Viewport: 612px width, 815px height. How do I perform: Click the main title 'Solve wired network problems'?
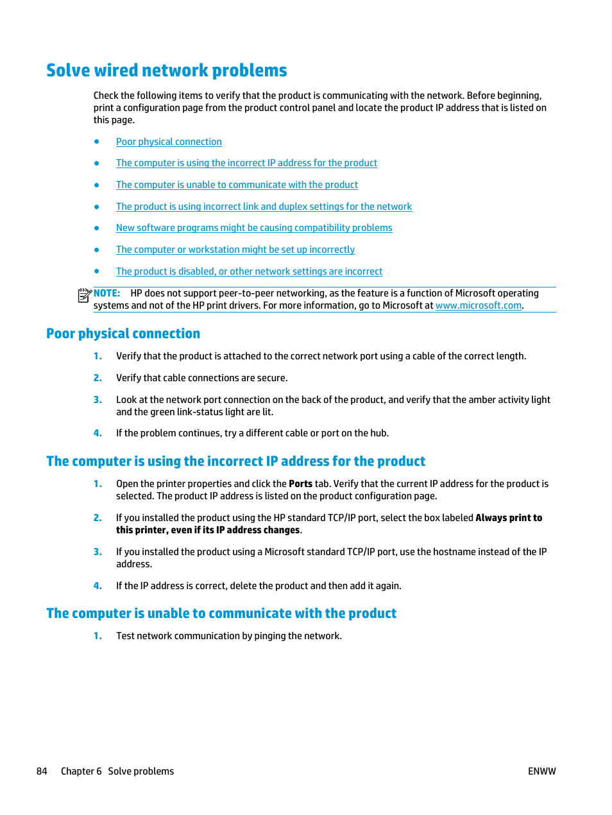point(166,71)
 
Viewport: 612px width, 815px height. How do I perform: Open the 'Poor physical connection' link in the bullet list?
point(169,142)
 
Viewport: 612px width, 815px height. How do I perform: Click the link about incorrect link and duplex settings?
point(264,207)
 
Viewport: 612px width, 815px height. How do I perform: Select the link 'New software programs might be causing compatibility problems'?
point(254,228)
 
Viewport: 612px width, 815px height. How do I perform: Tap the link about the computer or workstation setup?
point(235,250)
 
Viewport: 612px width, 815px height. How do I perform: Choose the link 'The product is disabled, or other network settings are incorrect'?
point(249,271)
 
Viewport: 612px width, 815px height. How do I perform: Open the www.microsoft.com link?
point(478,305)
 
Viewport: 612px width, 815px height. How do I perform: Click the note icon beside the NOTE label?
point(84,295)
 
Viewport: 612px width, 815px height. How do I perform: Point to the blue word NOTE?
point(106,293)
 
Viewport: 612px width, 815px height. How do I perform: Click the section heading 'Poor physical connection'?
point(123,334)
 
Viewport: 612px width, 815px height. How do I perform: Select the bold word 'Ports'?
point(300,484)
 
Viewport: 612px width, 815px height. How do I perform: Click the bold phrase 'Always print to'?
point(508,518)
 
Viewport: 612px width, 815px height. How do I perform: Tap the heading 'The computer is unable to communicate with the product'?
point(221,613)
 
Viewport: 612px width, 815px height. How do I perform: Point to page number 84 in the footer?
point(42,771)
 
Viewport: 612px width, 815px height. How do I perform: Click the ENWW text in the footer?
point(541,771)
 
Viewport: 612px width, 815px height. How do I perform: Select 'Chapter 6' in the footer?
point(81,771)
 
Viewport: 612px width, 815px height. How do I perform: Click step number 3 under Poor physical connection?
point(98,400)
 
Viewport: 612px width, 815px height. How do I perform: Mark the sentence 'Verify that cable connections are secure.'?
point(201,378)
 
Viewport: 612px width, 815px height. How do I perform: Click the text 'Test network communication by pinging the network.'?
point(228,636)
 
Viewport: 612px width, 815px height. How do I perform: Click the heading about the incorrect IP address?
point(235,461)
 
